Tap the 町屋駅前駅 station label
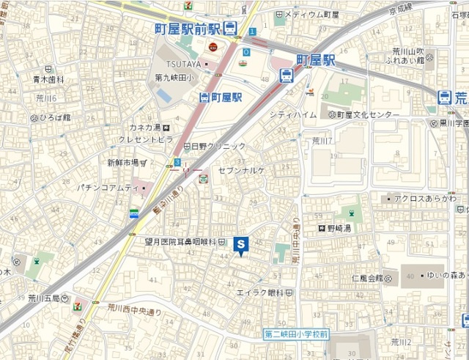187,29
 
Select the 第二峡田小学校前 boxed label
297,334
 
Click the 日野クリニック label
218,146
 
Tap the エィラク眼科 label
259,293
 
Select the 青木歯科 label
48,78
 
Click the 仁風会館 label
367,278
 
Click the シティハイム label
292,115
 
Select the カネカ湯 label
141,127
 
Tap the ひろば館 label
56,117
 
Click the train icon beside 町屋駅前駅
231,29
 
